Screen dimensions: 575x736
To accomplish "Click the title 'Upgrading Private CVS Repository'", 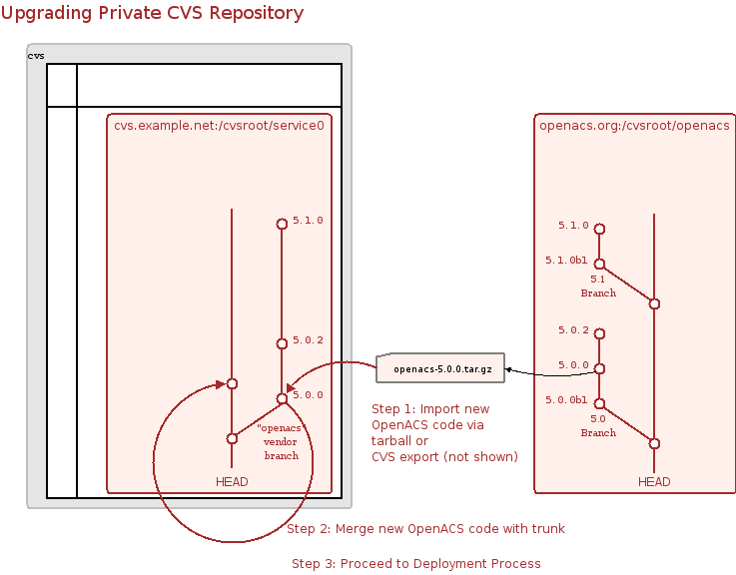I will pos(153,14).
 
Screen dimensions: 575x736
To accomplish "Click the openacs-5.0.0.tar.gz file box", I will pos(441,368).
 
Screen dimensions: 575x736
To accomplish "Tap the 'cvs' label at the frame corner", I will pos(36,55).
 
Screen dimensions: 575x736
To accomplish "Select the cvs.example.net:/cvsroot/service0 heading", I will pos(218,126).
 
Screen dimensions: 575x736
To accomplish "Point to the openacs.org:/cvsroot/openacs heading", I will pos(633,126).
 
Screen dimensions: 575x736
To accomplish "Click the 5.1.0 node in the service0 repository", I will pos(282,224).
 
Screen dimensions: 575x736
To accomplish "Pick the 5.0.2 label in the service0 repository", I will pos(309,340).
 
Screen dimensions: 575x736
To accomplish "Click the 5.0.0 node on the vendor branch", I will pos(282,398).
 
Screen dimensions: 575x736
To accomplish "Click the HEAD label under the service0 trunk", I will pos(232,482).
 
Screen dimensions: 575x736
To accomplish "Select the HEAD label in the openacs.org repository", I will pos(654,482).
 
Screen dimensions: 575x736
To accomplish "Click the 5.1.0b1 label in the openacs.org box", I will pos(566,261).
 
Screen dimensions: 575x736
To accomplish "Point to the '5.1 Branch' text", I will pos(598,287).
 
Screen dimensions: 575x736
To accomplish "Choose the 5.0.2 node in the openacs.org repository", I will pos(599,333).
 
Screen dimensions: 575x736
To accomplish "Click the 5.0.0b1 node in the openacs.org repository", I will pos(599,403).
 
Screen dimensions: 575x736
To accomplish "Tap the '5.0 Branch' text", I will pos(598,426).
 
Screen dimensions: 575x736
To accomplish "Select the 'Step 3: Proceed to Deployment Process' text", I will pos(415,564).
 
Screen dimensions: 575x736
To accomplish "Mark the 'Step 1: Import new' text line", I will pos(430,409).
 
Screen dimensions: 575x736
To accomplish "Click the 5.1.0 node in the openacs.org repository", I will pos(599,227).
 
